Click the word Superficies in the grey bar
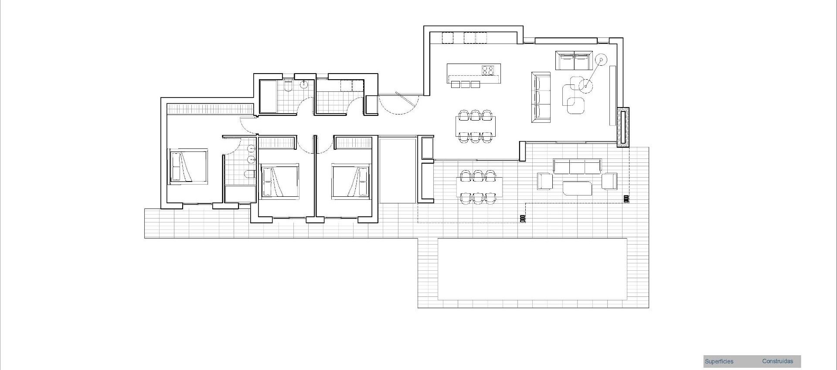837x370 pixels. [719, 361]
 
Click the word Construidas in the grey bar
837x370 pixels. [777, 361]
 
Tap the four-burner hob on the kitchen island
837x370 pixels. [487, 70]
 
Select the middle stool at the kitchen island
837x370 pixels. [464, 84]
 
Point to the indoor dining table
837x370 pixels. [475, 126]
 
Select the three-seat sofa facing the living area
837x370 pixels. [541, 97]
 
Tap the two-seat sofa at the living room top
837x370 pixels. [574, 61]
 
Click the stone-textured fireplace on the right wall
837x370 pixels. [623, 127]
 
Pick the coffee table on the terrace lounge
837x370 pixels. [577, 188]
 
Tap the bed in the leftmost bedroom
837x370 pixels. [188, 166]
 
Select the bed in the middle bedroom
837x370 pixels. [279, 181]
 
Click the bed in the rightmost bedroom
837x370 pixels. [351, 181]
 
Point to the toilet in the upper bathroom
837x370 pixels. [288, 86]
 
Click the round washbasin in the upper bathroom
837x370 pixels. [304, 84]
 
